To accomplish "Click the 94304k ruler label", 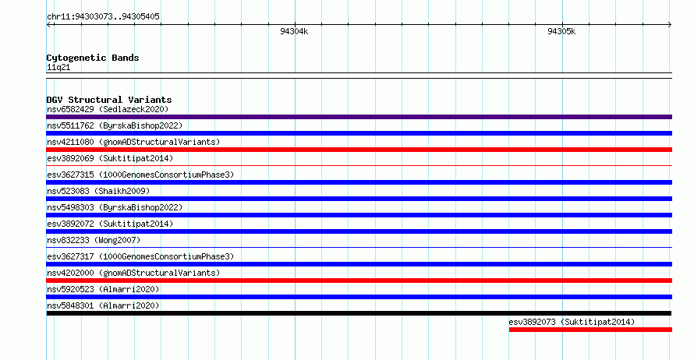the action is point(294,31).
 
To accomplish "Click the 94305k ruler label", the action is point(561,31).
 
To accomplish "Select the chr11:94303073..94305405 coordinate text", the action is point(103,17).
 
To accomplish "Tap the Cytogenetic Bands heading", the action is point(93,58).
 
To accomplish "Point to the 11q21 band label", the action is point(58,67).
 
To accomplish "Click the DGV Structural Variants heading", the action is point(109,100).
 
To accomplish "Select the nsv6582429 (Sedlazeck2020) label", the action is point(108,109).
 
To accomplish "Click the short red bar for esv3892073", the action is point(590,330).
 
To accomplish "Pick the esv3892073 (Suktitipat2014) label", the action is point(572,322).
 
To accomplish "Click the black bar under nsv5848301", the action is point(359,313).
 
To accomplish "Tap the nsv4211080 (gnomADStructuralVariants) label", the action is point(133,142).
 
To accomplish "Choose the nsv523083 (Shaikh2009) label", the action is point(98,191).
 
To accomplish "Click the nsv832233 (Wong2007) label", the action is point(94,240).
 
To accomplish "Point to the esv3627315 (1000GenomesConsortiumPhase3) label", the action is point(140,175).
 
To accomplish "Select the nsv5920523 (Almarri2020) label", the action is point(103,289).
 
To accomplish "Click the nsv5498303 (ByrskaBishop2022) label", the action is point(115,207).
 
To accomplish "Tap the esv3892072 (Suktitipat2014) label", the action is point(110,224).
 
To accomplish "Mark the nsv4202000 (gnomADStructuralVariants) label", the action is point(133,273).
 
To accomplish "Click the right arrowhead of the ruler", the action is point(671,25).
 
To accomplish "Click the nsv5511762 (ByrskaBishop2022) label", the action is point(115,125).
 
